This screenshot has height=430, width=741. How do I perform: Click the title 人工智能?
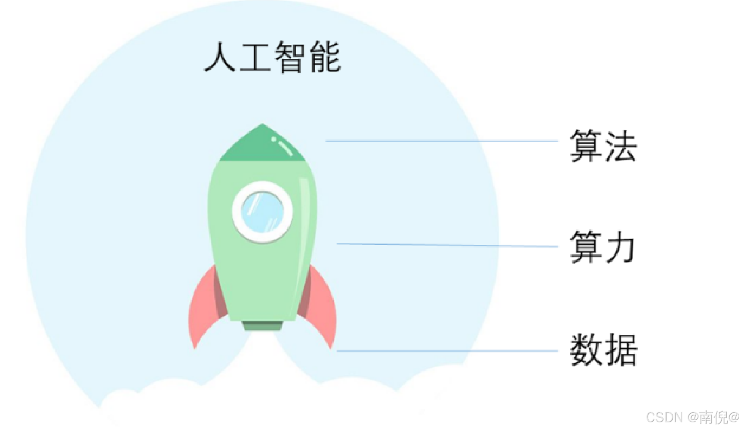point(273,57)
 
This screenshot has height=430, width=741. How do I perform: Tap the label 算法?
point(603,146)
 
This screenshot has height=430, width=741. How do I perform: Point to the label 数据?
point(603,350)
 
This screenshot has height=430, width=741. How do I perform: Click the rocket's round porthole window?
point(262,212)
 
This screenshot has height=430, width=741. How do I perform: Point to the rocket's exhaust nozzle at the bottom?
point(262,325)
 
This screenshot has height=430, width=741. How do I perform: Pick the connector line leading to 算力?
point(447,245)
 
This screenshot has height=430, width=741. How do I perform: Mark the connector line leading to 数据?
point(447,351)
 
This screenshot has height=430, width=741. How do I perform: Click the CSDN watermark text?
point(692,417)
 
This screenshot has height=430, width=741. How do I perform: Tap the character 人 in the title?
point(220,57)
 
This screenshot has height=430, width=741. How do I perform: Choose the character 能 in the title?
point(326,57)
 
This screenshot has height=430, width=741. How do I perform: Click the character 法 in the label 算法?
point(620,146)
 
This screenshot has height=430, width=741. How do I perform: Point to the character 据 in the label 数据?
point(621,350)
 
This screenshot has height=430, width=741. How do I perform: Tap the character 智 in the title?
point(290,57)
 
